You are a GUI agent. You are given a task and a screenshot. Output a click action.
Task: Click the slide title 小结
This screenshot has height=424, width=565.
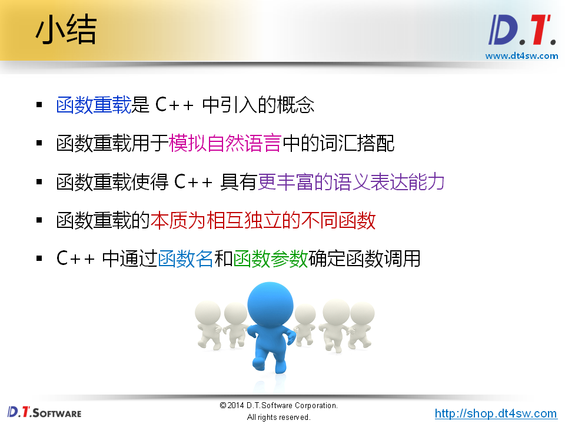tap(65, 31)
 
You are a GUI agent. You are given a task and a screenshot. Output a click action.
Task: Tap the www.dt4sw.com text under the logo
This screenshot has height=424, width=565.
tap(521, 56)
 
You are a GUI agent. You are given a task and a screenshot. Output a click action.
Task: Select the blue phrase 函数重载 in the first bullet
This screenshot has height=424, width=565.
tap(93, 105)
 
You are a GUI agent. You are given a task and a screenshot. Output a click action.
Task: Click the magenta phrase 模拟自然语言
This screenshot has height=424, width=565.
tap(225, 143)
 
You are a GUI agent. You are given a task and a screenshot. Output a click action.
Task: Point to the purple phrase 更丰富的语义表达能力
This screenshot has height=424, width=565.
tap(351, 182)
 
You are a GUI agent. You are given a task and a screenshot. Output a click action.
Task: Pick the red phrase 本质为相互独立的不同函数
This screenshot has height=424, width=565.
tap(263, 220)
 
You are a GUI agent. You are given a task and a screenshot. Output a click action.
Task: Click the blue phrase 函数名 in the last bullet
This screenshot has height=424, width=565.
tap(185, 259)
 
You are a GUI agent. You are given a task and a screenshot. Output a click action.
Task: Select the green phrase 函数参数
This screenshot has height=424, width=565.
tap(270, 259)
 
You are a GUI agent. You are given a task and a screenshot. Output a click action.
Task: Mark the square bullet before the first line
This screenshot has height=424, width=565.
tap(39, 105)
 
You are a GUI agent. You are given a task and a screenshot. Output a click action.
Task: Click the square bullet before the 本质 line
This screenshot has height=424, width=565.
tap(39, 221)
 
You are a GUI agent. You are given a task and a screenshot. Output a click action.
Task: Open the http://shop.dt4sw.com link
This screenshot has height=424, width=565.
tap(496, 413)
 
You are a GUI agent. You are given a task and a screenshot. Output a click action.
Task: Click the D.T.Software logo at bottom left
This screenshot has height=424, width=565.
tap(44, 412)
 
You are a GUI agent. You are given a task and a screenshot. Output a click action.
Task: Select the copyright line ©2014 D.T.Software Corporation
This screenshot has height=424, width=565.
tap(278, 406)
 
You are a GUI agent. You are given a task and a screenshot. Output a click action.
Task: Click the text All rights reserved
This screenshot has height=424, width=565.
tap(278, 418)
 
